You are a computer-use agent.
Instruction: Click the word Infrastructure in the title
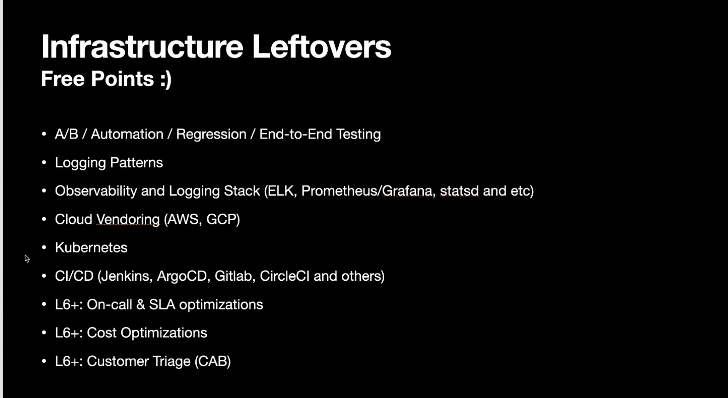click(x=142, y=47)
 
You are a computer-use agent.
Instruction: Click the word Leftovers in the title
click(x=322, y=47)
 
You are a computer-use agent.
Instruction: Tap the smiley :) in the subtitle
click(x=166, y=79)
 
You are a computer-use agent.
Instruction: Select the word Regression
click(x=211, y=134)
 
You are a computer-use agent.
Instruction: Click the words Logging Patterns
click(x=109, y=163)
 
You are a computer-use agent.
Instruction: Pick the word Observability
click(x=96, y=191)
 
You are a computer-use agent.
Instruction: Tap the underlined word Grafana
click(x=409, y=191)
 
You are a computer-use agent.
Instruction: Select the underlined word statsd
click(x=459, y=191)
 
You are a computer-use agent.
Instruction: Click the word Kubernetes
click(x=91, y=248)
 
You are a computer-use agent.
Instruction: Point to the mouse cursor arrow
click(x=27, y=259)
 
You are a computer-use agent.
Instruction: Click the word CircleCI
click(x=284, y=276)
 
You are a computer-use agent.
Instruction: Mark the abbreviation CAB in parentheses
click(x=213, y=361)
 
